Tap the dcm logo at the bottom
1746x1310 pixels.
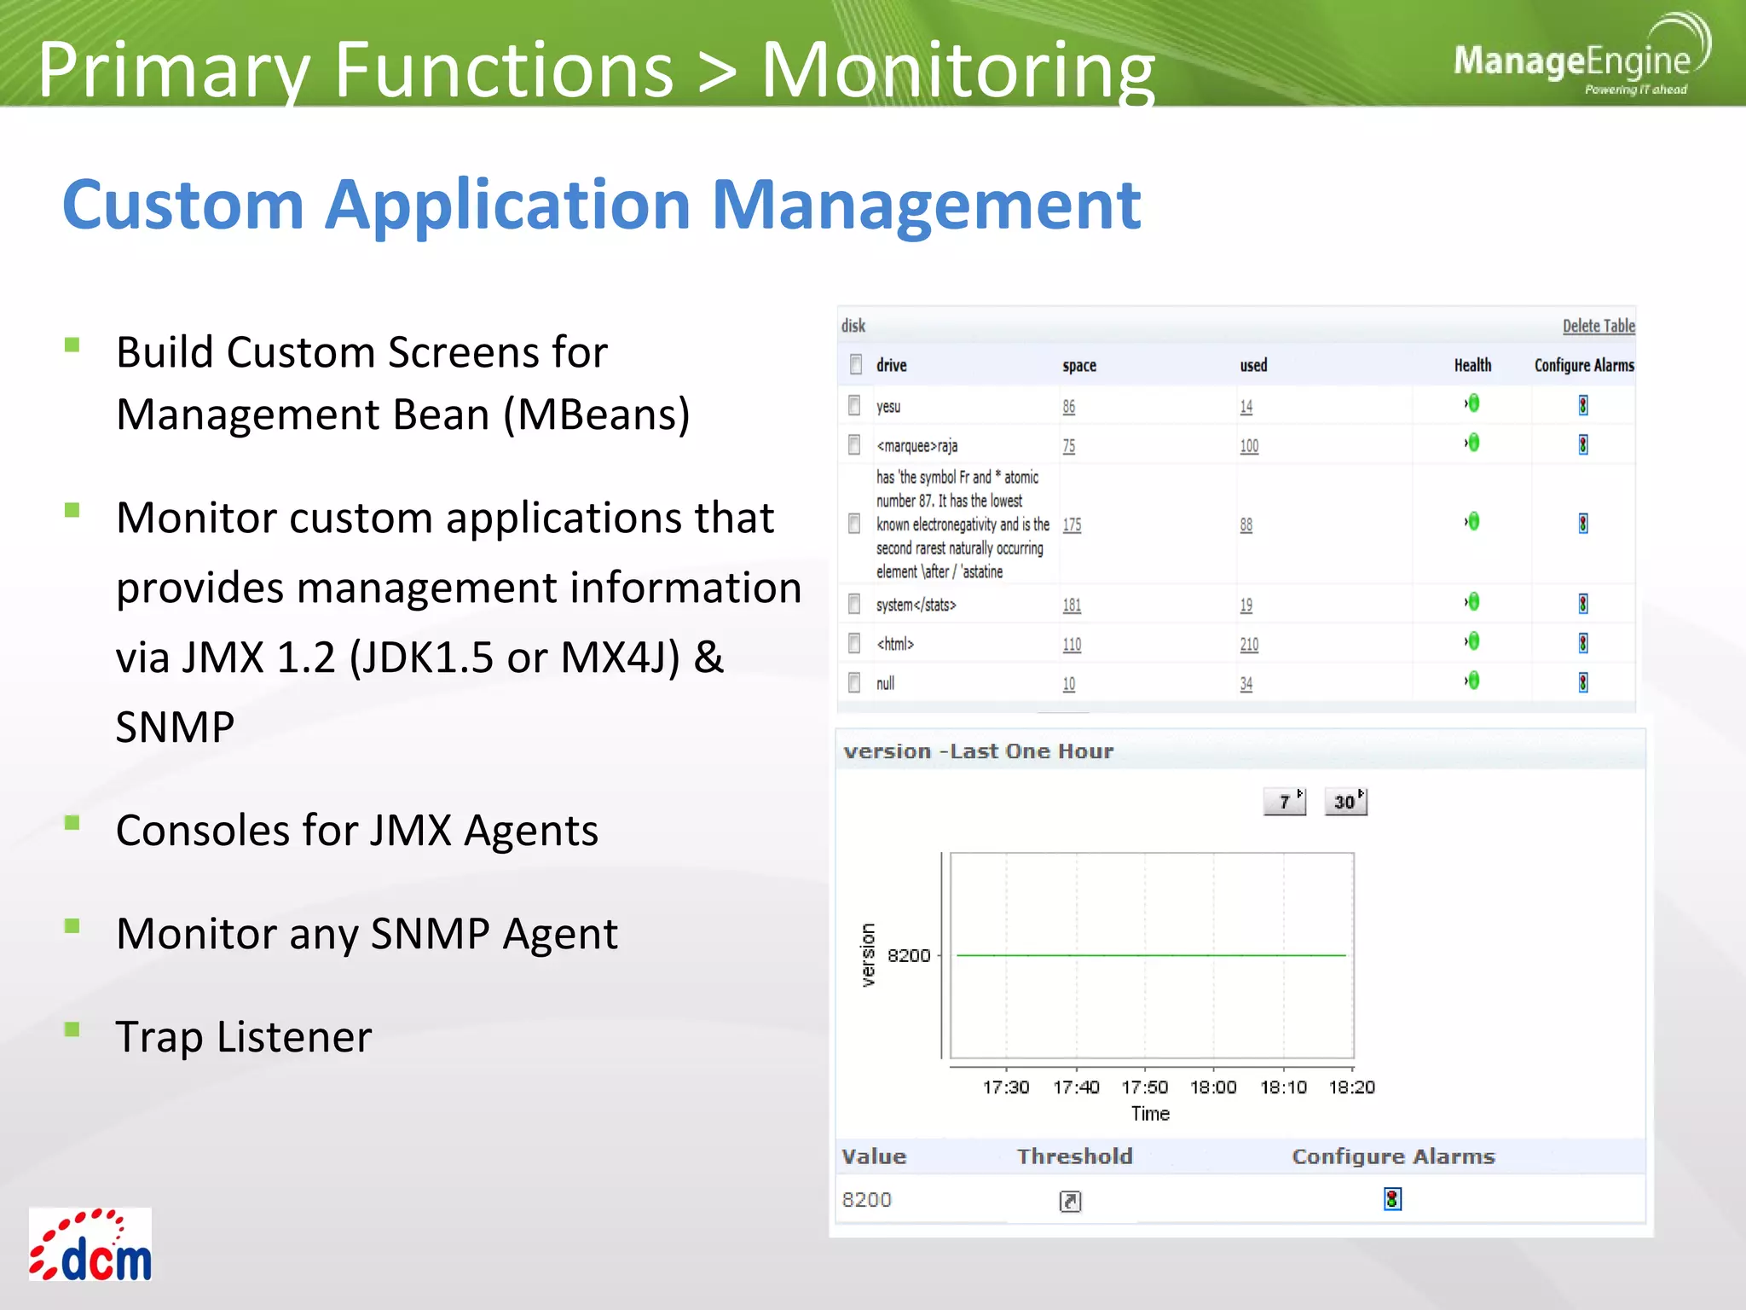[x=90, y=1246]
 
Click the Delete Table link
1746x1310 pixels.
[x=1598, y=326]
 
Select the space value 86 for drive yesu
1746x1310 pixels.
[x=1068, y=407]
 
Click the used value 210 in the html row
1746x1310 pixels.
[x=1248, y=645]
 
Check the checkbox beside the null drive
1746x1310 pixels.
[x=854, y=683]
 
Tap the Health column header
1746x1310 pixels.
[x=1472, y=365]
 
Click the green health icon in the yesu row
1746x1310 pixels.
[x=1472, y=403]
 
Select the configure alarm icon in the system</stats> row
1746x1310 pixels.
[x=1582, y=604]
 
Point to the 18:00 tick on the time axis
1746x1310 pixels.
[x=1212, y=1087]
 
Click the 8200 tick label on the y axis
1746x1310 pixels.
[x=908, y=955]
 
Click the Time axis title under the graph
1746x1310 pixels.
[x=1150, y=1114]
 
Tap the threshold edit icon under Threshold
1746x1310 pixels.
[x=1070, y=1201]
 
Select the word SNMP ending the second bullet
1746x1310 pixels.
[x=175, y=727]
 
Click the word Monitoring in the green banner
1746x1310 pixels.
[x=957, y=70]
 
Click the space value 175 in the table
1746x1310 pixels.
[x=1072, y=525]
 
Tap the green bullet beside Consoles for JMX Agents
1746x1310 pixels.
[x=72, y=823]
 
